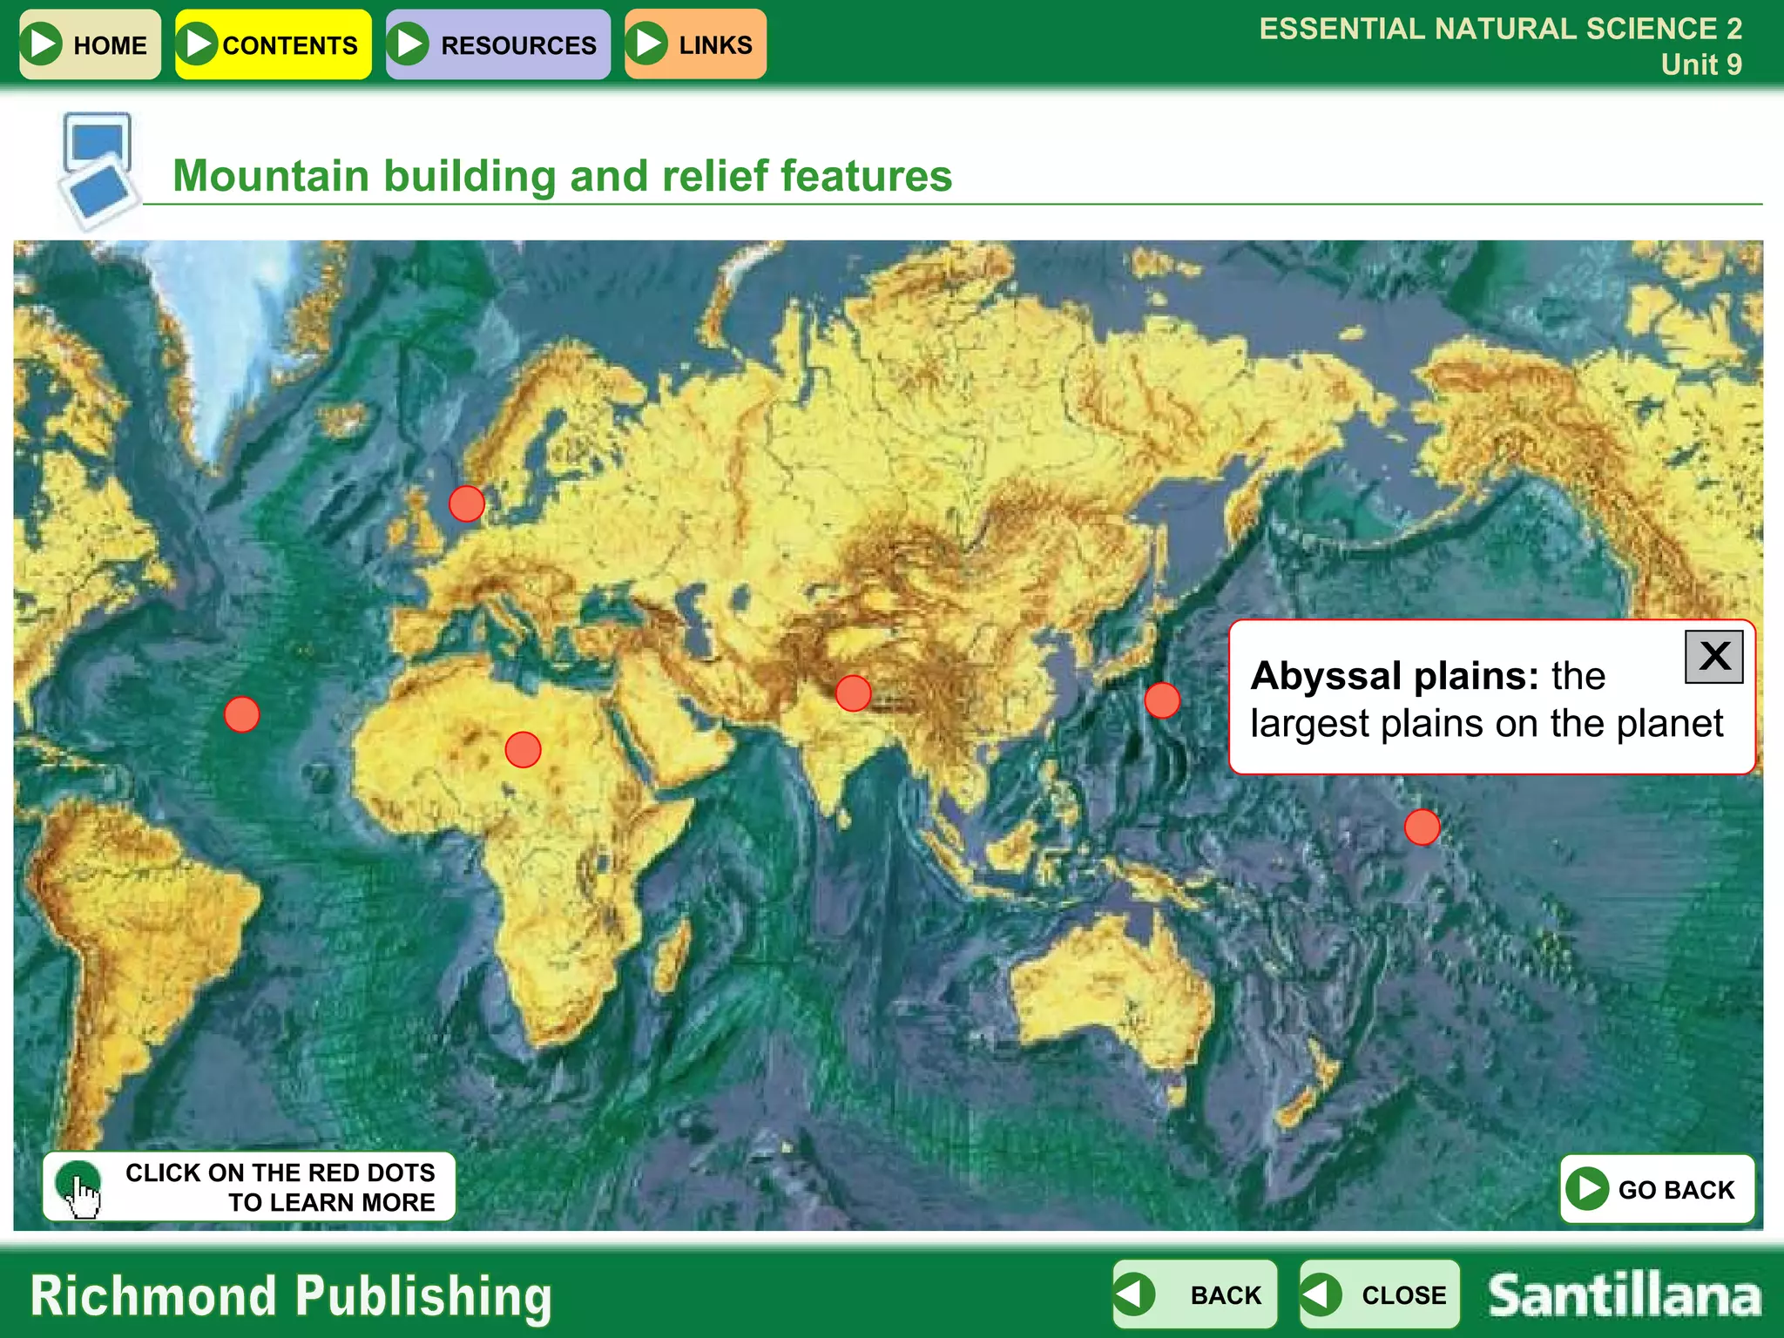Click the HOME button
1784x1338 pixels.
(90, 44)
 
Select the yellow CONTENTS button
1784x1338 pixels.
(273, 44)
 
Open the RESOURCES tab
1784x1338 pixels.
(497, 44)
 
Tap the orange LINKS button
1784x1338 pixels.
(695, 44)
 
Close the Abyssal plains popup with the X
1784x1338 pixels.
(1713, 657)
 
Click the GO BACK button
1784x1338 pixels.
(1656, 1189)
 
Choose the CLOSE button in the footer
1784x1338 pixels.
(1379, 1294)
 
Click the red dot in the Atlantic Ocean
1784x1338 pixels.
(241, 714)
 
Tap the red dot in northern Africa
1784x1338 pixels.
(523, 749)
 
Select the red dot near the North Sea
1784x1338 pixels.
(467, 503)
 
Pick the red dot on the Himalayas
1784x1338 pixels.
(853, 693)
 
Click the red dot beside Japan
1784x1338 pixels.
(1162, 700)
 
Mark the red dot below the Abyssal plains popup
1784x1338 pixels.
(1422, 827)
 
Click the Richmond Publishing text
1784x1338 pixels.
(291, 1296)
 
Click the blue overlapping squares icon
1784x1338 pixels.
(98, 169)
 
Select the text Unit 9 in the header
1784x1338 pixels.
(1700, 64)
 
